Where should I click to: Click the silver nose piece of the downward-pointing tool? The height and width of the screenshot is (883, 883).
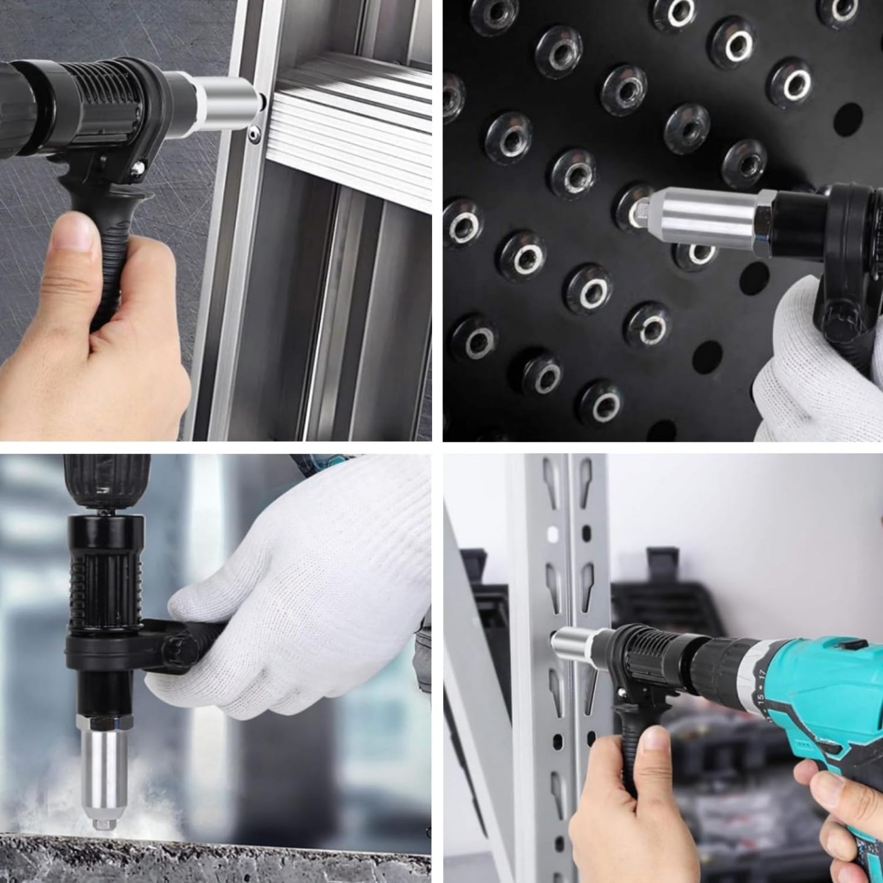[x=100, y=770]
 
